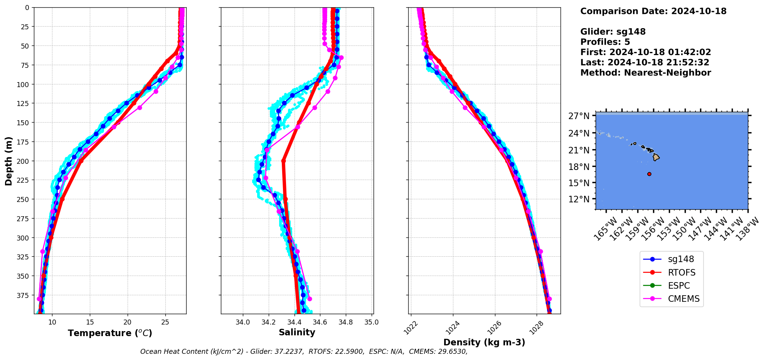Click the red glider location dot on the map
click(x=649, y=174)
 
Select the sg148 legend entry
click(x=681, y=259)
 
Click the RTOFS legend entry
click(x=682, y=273)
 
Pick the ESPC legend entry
click(x=678, y=286)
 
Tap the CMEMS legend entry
click(x=684, y=299)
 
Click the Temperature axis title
click(x=110, y=333)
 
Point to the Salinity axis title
click(x=297, y=332)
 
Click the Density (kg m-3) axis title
click(x=484, y=342)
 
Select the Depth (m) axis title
click(x=8, y=161)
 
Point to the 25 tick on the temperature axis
click(x=165, y=322)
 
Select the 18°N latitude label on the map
click(x=579, y=167)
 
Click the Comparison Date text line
click(x=653, y=11)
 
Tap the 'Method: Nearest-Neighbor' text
click(x=645, y=73)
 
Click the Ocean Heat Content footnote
click(x=304, y=352)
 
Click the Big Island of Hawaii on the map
click(x=656, y=157)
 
